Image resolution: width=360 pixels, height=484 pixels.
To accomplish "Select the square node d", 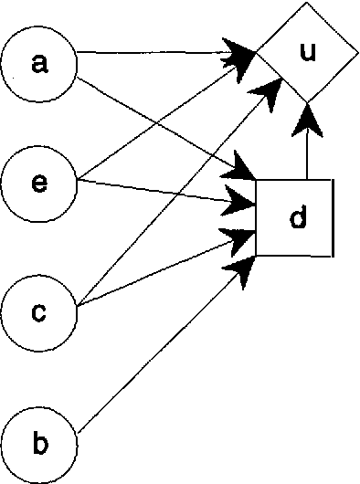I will pos(294,217).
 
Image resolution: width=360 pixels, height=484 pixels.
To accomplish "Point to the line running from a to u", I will pos(155,55).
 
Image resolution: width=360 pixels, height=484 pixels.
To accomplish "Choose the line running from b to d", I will pos(155,352).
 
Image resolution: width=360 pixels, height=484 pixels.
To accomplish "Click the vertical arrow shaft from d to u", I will pos(307,155).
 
